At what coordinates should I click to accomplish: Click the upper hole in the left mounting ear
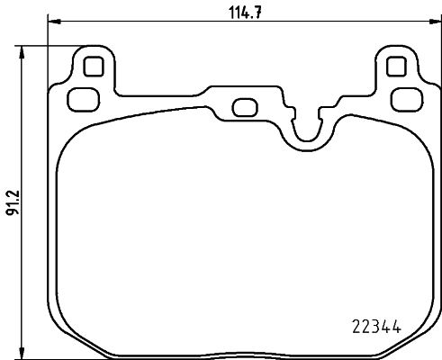click(90, 67)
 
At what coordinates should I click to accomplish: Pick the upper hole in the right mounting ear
click(394, 67)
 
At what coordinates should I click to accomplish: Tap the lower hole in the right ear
click(404, 98)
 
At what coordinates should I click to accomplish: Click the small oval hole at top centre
click(243, 106)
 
